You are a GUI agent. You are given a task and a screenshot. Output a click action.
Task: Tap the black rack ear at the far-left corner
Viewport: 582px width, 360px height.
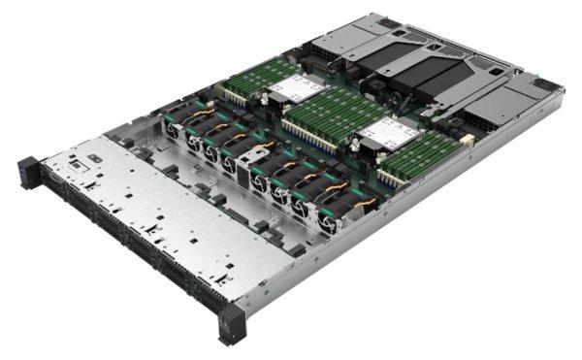[x=28, y=172]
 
